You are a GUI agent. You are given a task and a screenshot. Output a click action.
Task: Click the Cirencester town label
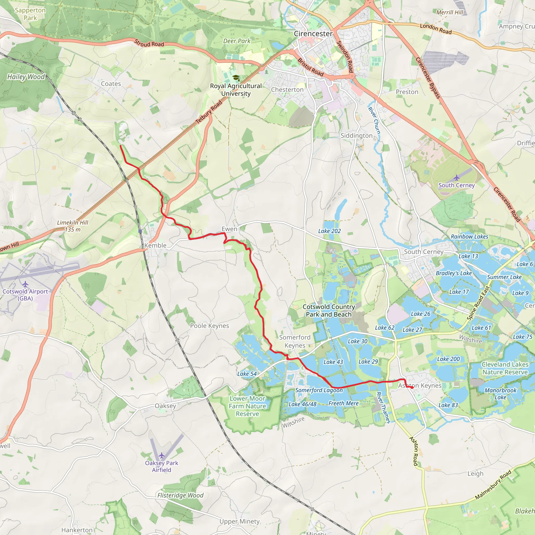coord(313,34)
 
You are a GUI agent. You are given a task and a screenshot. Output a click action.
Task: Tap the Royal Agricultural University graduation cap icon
coord(236,78)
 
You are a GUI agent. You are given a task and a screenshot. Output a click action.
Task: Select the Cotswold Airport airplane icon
coord(25,284)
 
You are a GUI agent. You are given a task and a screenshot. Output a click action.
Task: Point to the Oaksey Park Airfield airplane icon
coord(162,456)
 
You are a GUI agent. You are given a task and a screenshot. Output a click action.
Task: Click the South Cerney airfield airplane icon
coord(456,177)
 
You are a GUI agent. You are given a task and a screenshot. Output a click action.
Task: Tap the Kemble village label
coord(155,245)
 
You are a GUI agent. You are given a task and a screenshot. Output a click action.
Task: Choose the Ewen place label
coord(229,229)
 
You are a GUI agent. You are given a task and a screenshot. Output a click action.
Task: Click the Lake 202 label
coord(329,231)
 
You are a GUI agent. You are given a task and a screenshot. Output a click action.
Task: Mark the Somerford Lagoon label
coord(319,390)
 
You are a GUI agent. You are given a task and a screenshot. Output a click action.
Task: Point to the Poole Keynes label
coord(209,326)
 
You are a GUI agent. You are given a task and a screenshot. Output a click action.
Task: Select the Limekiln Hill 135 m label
coord(73,226)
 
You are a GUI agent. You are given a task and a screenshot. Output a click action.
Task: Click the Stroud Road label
coord(149,43)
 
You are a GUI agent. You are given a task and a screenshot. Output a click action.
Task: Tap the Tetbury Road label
coord(209,112)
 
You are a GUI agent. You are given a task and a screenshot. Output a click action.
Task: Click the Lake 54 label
coord(247,374)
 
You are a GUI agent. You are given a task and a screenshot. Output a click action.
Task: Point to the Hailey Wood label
coord(26,77)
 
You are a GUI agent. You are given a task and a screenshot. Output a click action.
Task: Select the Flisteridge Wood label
coord(180,495)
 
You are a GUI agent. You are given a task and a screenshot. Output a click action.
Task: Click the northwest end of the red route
coord(120,146)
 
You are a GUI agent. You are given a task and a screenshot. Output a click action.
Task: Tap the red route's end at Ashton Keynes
coord(412,388)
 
